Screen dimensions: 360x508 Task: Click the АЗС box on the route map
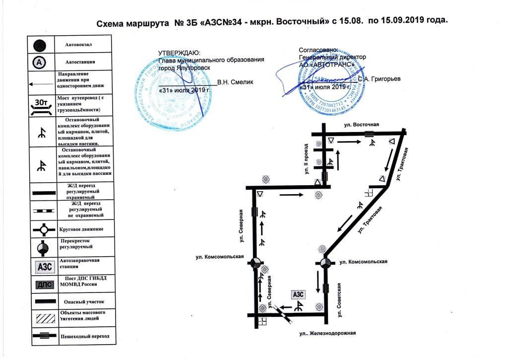298,294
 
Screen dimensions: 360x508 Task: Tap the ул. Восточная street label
362,124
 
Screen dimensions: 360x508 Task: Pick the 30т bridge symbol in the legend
43,104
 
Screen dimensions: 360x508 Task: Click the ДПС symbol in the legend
44,285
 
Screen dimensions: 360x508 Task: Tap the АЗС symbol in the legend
44,267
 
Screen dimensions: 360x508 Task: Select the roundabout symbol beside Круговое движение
44,229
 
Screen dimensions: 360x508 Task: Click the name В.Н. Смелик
235,82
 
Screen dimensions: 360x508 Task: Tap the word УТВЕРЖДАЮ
179,53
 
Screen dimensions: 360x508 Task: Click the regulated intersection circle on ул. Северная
256,263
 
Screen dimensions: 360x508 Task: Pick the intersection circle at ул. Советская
325,263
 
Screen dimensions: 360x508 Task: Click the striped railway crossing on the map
284,313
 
